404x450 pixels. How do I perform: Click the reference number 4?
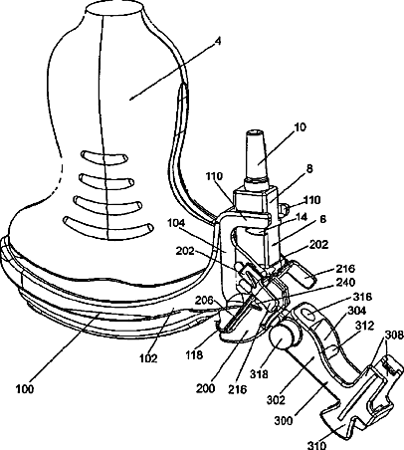218,41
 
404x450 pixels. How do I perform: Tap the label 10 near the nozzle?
300,127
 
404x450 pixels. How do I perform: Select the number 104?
176,223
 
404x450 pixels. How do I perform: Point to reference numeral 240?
345,282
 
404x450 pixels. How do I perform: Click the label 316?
362,297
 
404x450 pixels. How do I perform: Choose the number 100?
24,388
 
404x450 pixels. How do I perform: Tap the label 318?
259,374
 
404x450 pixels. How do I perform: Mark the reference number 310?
317,445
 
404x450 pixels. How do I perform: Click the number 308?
394,336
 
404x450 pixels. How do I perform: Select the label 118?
194,355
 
